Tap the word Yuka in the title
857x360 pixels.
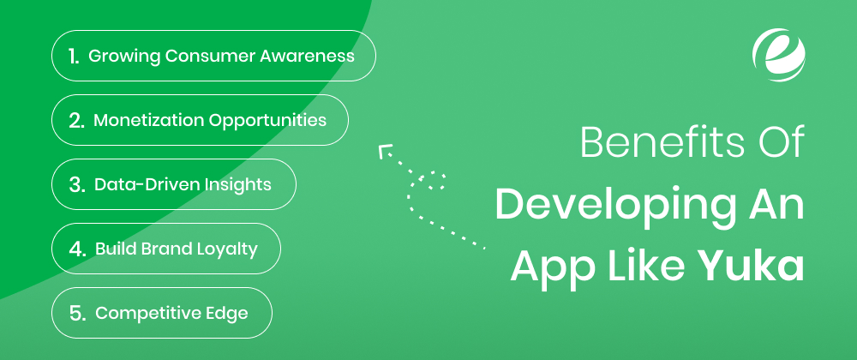pos(751,266)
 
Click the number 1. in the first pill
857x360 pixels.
pos(74,57)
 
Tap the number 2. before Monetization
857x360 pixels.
pos(76,121)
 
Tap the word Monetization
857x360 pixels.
pos(149,121)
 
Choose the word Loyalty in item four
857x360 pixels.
pos(227,249)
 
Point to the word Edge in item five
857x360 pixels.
pos(227,314)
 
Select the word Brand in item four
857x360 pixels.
pos(167,249)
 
